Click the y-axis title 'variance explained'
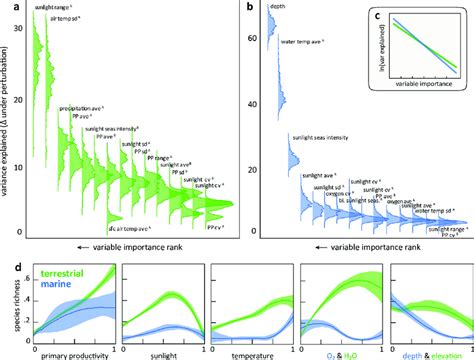coord(7,120)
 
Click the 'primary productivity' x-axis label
coord(71,354)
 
